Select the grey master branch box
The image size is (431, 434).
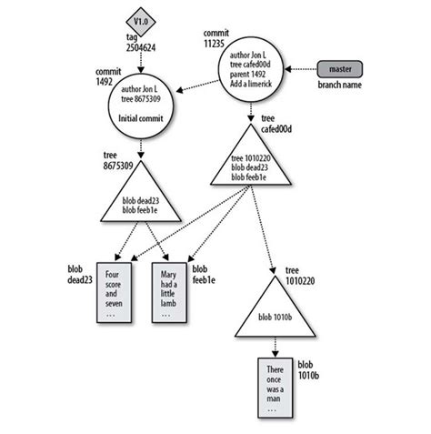(340, 69)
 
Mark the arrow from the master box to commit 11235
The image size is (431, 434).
(301, 70)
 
